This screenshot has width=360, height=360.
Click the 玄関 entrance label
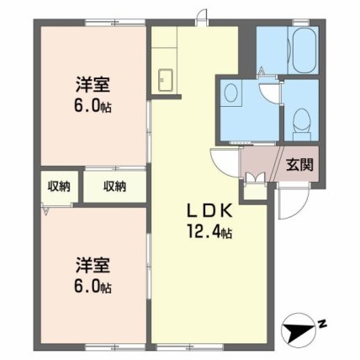[299, 165]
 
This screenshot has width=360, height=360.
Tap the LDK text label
[209, 211]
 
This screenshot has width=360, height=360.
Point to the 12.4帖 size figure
[209, 231]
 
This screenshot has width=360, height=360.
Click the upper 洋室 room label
[93, 85]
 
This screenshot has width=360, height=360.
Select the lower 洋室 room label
[93, 265]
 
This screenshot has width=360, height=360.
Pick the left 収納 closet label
[59, 186]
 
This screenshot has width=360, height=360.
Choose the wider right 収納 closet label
[115, 186]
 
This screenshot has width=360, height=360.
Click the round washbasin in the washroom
[231, 93]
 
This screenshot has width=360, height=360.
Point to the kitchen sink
[166, 80]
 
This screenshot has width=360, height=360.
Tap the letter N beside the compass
[323, 325]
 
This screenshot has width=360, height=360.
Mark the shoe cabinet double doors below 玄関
[255, 177]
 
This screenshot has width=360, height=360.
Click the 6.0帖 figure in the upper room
[93, 106]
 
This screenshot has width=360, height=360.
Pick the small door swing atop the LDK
[201, 16]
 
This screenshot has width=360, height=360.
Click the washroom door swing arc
[269, 93]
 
